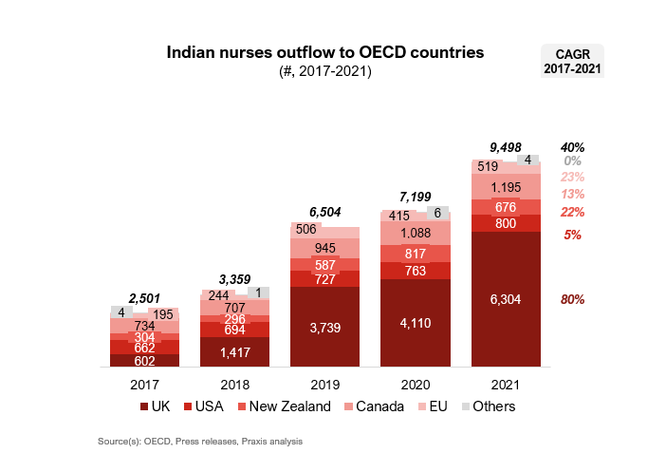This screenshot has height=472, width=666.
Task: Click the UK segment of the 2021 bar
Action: (x=506, y=298)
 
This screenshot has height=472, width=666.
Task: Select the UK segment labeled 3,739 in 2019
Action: (x=324, y=327)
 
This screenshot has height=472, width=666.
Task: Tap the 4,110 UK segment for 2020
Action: (x=416, y=323)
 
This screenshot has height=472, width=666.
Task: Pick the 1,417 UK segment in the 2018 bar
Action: (x=234, y=351)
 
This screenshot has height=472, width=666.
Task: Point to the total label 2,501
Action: (x=144, y=298)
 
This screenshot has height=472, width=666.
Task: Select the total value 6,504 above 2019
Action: (x=324, y=212)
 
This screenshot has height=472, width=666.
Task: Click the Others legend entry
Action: (x=490, y=406)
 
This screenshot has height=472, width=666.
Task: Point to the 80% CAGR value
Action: (x=572, y=299)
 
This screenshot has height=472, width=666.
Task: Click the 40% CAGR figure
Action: (x=572, y=147)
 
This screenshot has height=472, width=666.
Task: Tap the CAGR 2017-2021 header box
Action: (x=572, y=61)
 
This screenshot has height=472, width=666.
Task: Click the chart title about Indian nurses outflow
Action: (x=325, y=52)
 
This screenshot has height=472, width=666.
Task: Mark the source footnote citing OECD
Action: (x=200, y=442)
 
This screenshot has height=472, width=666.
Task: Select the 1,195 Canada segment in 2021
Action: (x=506, y=187)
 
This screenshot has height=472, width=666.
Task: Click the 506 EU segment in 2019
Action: (x=306, y=229)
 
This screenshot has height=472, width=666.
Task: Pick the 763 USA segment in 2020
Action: (x=416, y=271)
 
